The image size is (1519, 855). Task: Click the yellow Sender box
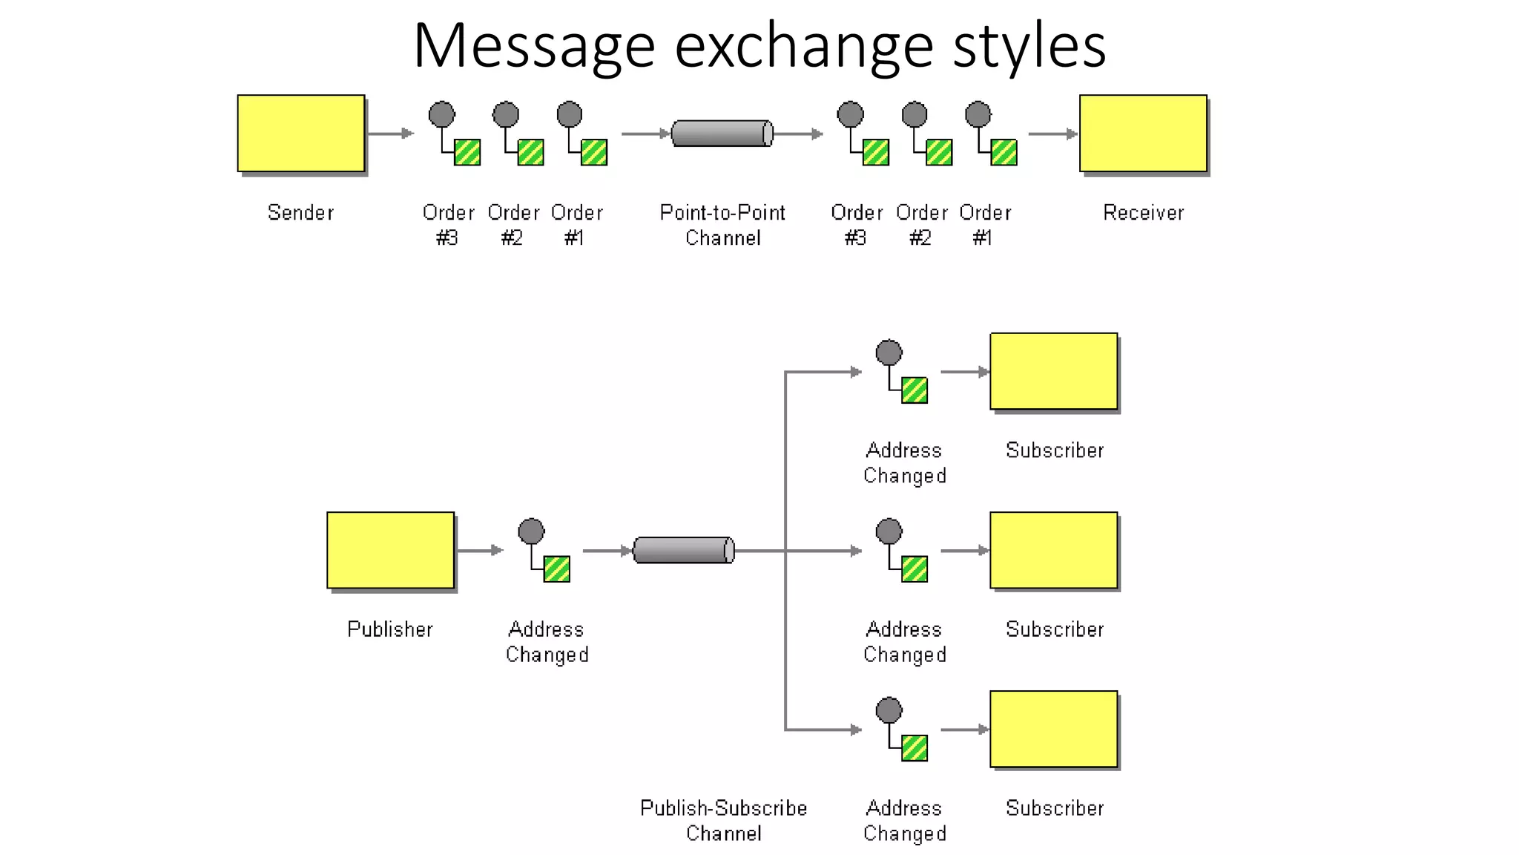[x=300, y=133]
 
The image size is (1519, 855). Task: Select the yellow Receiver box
[x=1143, y=133]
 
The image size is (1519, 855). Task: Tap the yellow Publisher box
[x=390, y=550]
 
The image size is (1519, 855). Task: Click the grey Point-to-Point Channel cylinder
[x=722, y=134]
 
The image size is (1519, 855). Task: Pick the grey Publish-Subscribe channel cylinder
[x=683, y=550]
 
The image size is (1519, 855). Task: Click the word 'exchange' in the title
[x=803, y=46]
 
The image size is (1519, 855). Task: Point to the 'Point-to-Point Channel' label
[x=722, y=225]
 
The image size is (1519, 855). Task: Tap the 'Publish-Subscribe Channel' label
[x=723, y=820]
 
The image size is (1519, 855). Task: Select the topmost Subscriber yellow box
[x=1053, y=371]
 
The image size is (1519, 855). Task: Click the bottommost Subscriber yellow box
[x=1053, y=729]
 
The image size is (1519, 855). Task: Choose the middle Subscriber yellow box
[x=1053, y=550]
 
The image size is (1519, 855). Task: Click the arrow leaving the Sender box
[x=390, y=134]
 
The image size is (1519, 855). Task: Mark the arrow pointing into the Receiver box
[x=1052, y=134]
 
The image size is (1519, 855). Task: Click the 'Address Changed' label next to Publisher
[x=547, y=642]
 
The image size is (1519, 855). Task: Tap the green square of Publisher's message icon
[x=557, y=569]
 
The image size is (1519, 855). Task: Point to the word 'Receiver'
[x=1143, y=213]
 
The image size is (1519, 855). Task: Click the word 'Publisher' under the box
[x=390, y=629]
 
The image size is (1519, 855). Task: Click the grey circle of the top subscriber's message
[x=889, y=353]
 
